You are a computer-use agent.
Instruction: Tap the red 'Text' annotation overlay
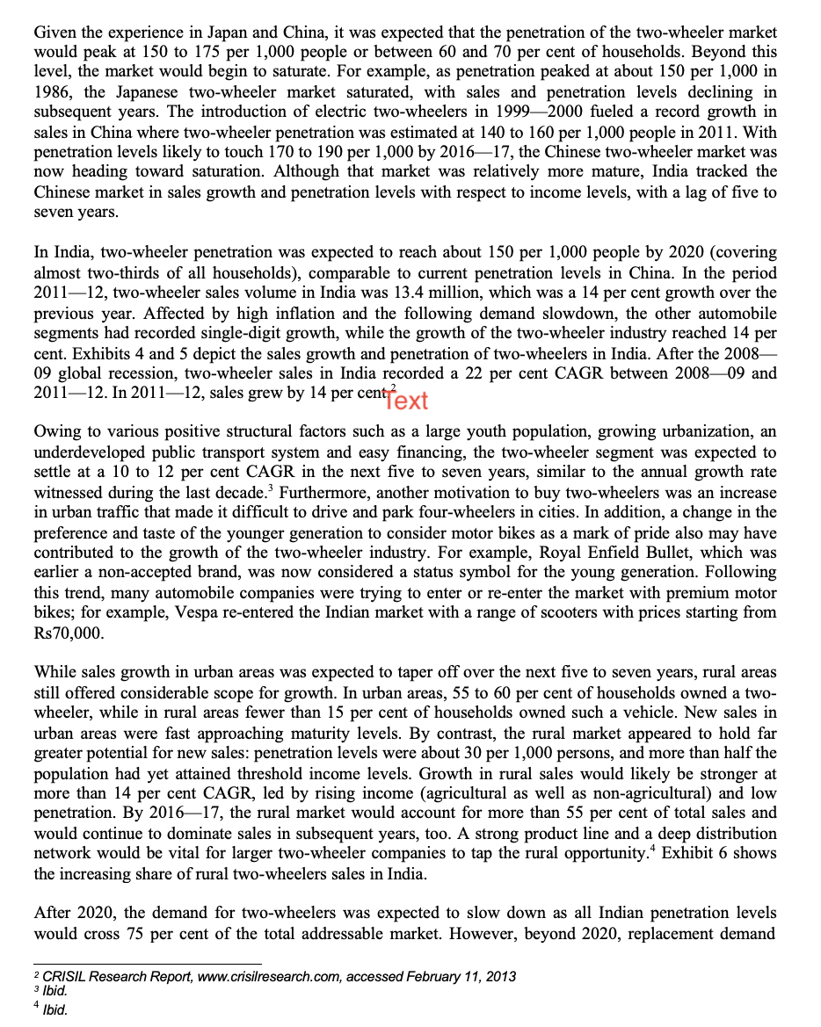click(406, 401)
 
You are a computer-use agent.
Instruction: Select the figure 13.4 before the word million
click(464, 293)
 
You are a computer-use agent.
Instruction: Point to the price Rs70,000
click(69, 633)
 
